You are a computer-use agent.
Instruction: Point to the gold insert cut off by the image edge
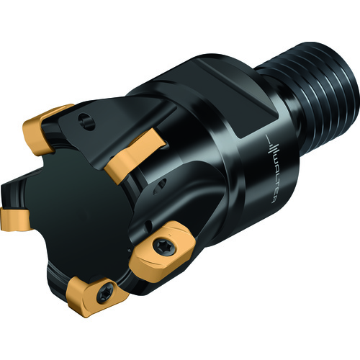click(x=14, y=219)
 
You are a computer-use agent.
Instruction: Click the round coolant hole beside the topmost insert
click(x=86, y=122)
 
